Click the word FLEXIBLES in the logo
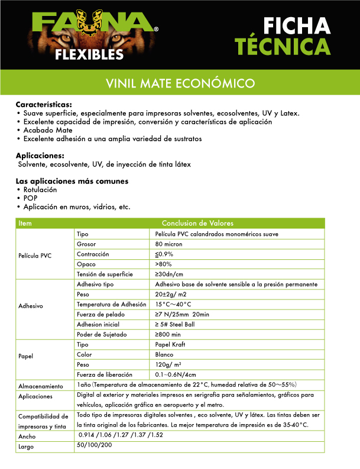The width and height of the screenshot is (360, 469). [89, 55]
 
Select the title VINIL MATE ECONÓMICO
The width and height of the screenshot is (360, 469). [180, 83]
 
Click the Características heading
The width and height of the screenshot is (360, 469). [44, 105]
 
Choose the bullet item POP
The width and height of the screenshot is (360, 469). [30, 198]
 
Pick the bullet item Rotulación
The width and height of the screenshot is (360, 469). [40, 190]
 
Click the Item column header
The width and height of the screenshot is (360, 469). [25, 223]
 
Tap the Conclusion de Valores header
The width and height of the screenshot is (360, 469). [197, 223]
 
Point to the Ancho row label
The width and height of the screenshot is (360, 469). [27, 437]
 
